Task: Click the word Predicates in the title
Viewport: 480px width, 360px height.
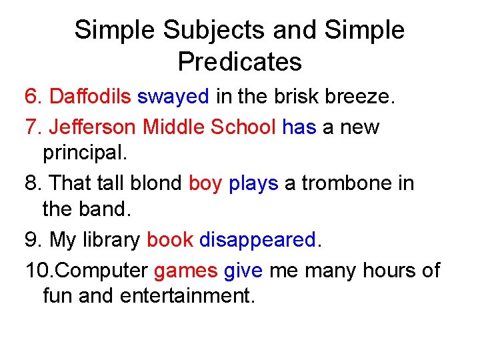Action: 239,62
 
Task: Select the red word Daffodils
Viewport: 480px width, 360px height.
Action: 90,97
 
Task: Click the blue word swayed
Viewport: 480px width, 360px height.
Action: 173,97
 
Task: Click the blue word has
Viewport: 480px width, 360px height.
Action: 299,127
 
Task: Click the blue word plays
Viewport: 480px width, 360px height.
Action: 253,183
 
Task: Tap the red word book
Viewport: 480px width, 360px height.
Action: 170,239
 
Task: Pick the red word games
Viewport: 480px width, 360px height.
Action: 186,271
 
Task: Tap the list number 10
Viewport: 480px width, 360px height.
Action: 35,270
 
